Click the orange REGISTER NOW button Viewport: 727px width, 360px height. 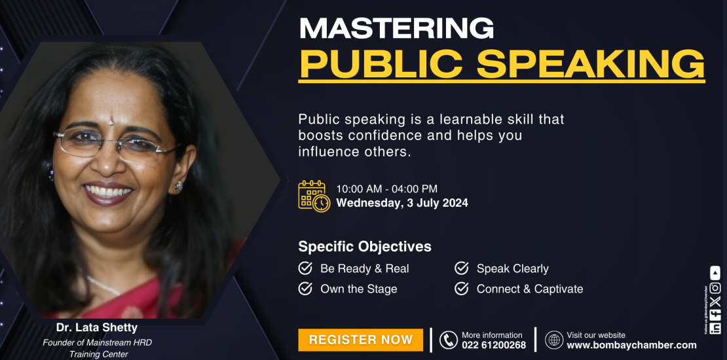(360, 340)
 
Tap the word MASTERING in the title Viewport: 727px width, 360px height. (396, 28)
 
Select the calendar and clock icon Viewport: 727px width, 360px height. (314, 196)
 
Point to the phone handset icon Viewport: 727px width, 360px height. (449, 340)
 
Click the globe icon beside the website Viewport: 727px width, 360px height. (554, 340)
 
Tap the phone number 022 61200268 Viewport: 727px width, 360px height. (494, 345)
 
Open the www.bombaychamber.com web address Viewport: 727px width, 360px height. (631, 345)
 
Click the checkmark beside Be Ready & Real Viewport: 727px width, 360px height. (305, 268)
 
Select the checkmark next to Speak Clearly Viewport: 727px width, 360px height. (461, 268)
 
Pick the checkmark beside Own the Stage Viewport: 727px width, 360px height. (305, 289)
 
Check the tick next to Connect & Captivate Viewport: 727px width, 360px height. (461, 289)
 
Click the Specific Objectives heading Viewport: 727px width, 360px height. (365, 247)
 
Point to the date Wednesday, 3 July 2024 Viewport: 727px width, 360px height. (402, 203)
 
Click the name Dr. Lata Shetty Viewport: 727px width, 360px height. (97, 328)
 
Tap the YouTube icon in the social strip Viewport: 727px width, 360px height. (715, 272)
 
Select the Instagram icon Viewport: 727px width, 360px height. (715, 288)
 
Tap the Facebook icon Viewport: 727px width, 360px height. (715, 314)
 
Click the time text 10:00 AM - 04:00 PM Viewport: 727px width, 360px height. (386, 189)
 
